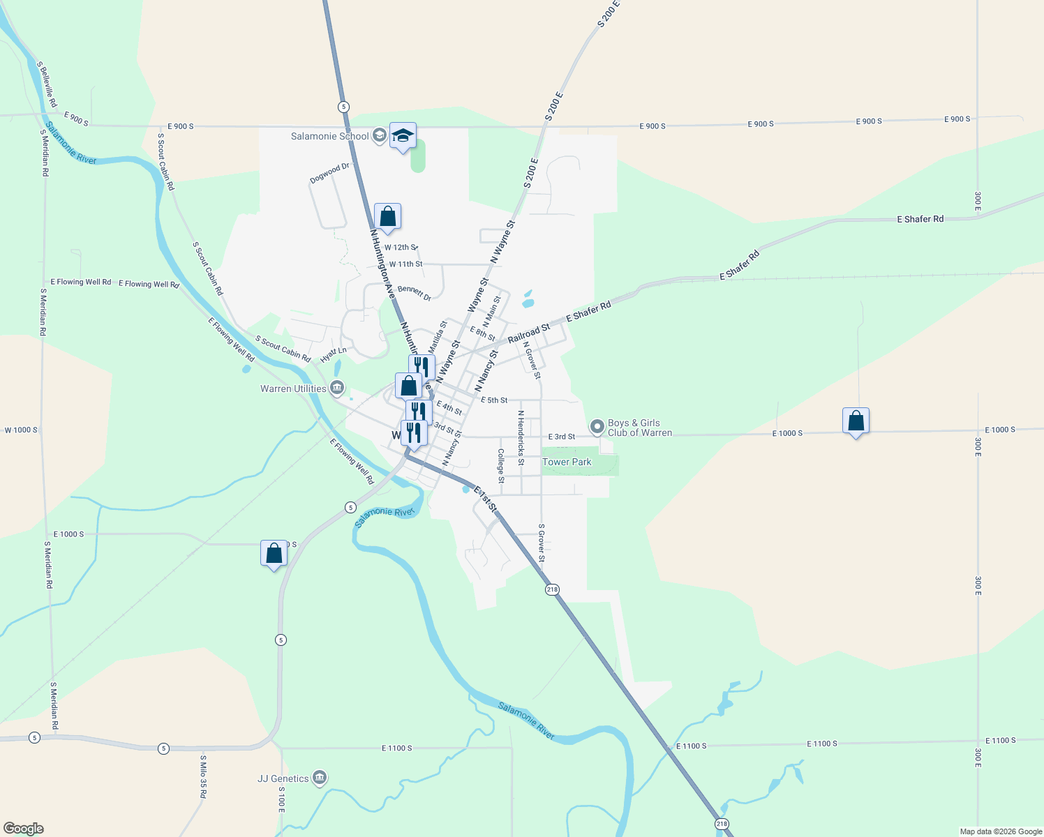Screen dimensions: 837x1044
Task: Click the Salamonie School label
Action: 330,136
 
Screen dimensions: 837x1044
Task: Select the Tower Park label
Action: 567,462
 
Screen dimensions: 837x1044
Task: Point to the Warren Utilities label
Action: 293,389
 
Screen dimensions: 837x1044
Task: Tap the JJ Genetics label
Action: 283,778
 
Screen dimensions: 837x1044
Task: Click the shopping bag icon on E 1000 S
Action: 856,421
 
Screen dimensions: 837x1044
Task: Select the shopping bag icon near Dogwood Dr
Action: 387,217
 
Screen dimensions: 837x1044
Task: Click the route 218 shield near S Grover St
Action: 553,589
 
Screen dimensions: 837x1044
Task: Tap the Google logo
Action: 24,829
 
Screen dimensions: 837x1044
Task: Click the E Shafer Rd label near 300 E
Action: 920,219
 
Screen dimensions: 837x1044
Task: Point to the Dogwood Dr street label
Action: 329,173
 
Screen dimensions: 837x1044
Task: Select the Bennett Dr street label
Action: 415,293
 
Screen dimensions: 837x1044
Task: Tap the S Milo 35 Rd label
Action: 203,776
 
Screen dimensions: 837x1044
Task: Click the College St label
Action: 501,465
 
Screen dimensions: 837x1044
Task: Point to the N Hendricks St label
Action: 521,438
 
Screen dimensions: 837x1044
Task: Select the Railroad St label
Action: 528,333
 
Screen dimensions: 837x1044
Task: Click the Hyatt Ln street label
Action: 334,355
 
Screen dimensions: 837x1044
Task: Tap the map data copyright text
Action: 1001,831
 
